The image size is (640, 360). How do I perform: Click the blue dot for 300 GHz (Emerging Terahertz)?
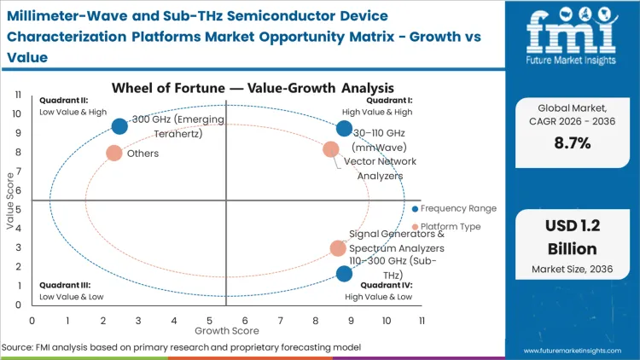tap(119, 126)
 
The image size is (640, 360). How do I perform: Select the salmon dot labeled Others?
tap(113, 154)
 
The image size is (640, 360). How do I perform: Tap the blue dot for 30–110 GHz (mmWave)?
tap(344, 129)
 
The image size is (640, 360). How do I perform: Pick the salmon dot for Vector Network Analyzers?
tap(331, 150)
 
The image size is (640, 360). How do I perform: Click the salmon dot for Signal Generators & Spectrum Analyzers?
tap(338, 248)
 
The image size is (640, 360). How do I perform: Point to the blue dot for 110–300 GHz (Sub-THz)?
tap(344, 274)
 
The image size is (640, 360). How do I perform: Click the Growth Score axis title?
tap(226, 330)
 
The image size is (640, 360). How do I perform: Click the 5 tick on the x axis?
tap(209, 320)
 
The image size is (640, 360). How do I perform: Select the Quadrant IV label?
tap(387, 285)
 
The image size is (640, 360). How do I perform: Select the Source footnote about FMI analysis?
tap(183, 348)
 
